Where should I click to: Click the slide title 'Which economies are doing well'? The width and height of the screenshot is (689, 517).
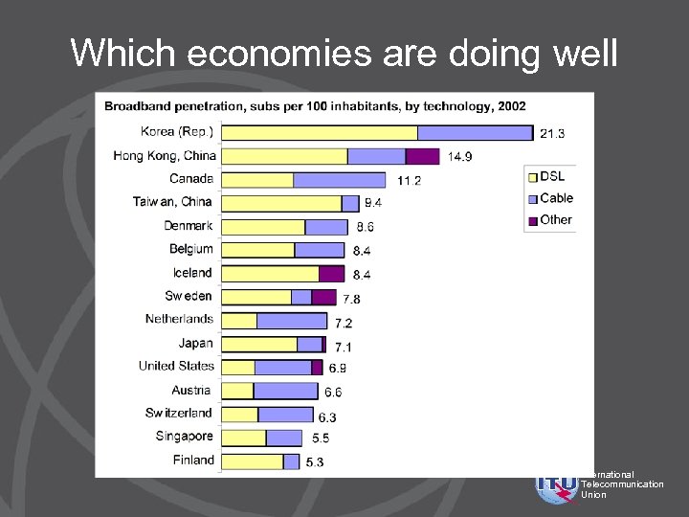click(344, 53)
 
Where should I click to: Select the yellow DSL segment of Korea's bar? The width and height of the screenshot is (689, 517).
click(319, 132)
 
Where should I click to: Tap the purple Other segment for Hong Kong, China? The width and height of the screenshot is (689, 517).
click(422, 156)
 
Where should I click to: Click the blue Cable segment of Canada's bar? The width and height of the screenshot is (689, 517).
click(339, 179)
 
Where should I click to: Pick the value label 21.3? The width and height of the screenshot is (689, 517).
click(552, 133)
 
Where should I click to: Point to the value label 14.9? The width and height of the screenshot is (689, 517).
click(459, 157)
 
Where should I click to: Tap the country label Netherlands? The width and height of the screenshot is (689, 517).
click(179, 319)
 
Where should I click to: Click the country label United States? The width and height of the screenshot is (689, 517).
click(176, 366)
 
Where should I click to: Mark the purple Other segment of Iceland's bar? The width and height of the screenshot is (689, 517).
click(331, 274)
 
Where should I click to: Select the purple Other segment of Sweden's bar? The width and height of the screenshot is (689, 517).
click(323, 297)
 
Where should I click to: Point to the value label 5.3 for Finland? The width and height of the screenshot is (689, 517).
click(316, 462)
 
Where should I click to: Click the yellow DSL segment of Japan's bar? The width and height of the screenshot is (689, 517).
click(258, 344)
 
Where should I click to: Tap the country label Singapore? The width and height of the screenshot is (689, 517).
click(185, 437)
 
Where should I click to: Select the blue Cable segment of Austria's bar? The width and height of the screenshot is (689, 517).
click(285, 391)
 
